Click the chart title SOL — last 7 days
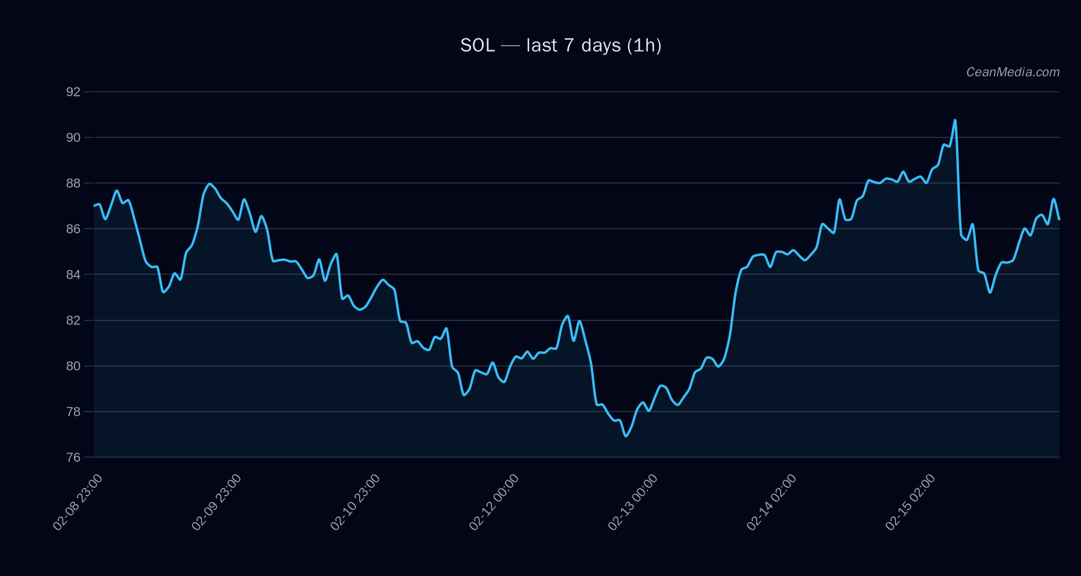click(560, 46)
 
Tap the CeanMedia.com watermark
click(1013, 72)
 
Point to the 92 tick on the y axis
click(73, 92)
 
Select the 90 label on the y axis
click(73, 137)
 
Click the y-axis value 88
click(73, 183)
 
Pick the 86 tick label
click(73, 229)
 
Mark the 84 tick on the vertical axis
click(73, 274)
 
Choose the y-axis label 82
click(73, 320)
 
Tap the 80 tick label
click(73, 366)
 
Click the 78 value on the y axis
click(73, 412)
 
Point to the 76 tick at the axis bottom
click(73, 457)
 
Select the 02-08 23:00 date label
click(77, 502)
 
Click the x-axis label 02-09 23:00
click(216, 502)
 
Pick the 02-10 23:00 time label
click(355, 502)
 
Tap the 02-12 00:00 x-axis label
click(494, 502)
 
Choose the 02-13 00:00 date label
click(632, 502)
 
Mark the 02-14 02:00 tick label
click(771, 502)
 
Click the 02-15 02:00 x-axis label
click(910, 502)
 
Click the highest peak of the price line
click(955, 120)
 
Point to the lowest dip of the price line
click(626, 436)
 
